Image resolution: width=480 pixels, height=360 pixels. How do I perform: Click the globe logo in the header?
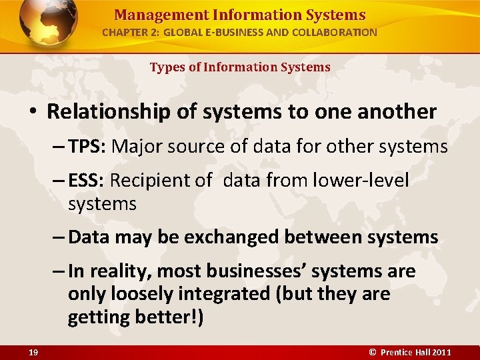click(49, 23)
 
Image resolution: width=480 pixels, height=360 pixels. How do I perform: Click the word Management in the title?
click(149, 15)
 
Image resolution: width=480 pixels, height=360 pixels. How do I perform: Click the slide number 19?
click(33, 352)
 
